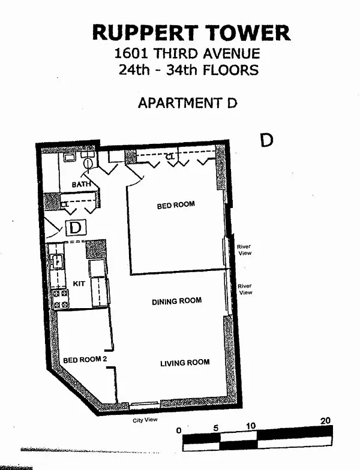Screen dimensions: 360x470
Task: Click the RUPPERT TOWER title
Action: point(191,32)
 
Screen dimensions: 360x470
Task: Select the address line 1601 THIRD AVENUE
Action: point(188,54)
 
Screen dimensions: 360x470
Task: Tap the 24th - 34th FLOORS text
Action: point(188,70)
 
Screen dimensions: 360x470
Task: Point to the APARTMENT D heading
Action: point(188,103)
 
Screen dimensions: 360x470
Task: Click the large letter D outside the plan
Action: point(266,140)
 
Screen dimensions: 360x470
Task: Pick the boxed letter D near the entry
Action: point(76,228)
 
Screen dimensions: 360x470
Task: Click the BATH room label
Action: point(81,185)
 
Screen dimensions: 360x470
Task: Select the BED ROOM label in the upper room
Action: point(176,205)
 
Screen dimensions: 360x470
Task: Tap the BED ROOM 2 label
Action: point(85,360)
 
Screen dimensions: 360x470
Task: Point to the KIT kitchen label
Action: point(79,283)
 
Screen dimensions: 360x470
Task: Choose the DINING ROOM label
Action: point(176,301)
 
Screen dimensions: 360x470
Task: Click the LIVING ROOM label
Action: point(185,362)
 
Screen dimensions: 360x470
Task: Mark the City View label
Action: point(145,420)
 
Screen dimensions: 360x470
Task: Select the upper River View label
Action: point(244,249)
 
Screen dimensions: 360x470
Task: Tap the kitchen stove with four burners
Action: point(61,299)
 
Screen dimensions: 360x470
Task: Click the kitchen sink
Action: point(58,261)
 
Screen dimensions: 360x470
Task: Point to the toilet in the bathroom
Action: point(88,162)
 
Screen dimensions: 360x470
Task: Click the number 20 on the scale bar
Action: point(325,421)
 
